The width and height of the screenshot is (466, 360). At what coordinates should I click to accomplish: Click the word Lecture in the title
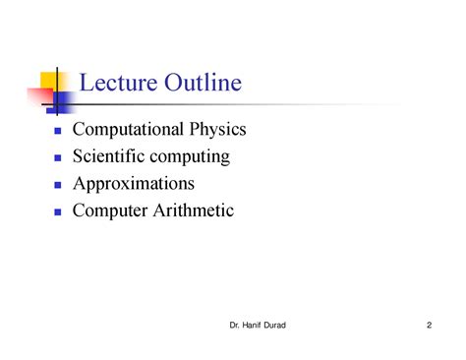tap(115, 84)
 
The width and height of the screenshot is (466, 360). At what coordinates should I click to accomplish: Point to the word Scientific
tap(114, 156)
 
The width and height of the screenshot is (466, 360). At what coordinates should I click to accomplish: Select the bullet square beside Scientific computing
tap(58, 158)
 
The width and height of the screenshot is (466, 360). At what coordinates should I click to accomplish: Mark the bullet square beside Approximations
tap(58, 185)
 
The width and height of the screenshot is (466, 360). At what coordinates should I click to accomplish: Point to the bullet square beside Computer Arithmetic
tap(58, 211)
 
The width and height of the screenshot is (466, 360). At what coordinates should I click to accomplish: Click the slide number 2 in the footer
tap(430, 326)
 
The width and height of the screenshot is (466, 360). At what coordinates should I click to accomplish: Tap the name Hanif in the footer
tap(258, 326)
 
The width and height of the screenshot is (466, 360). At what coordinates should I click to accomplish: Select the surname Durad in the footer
tap(288, 326)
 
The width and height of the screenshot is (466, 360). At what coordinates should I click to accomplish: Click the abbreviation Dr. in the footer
tap(234, 326)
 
